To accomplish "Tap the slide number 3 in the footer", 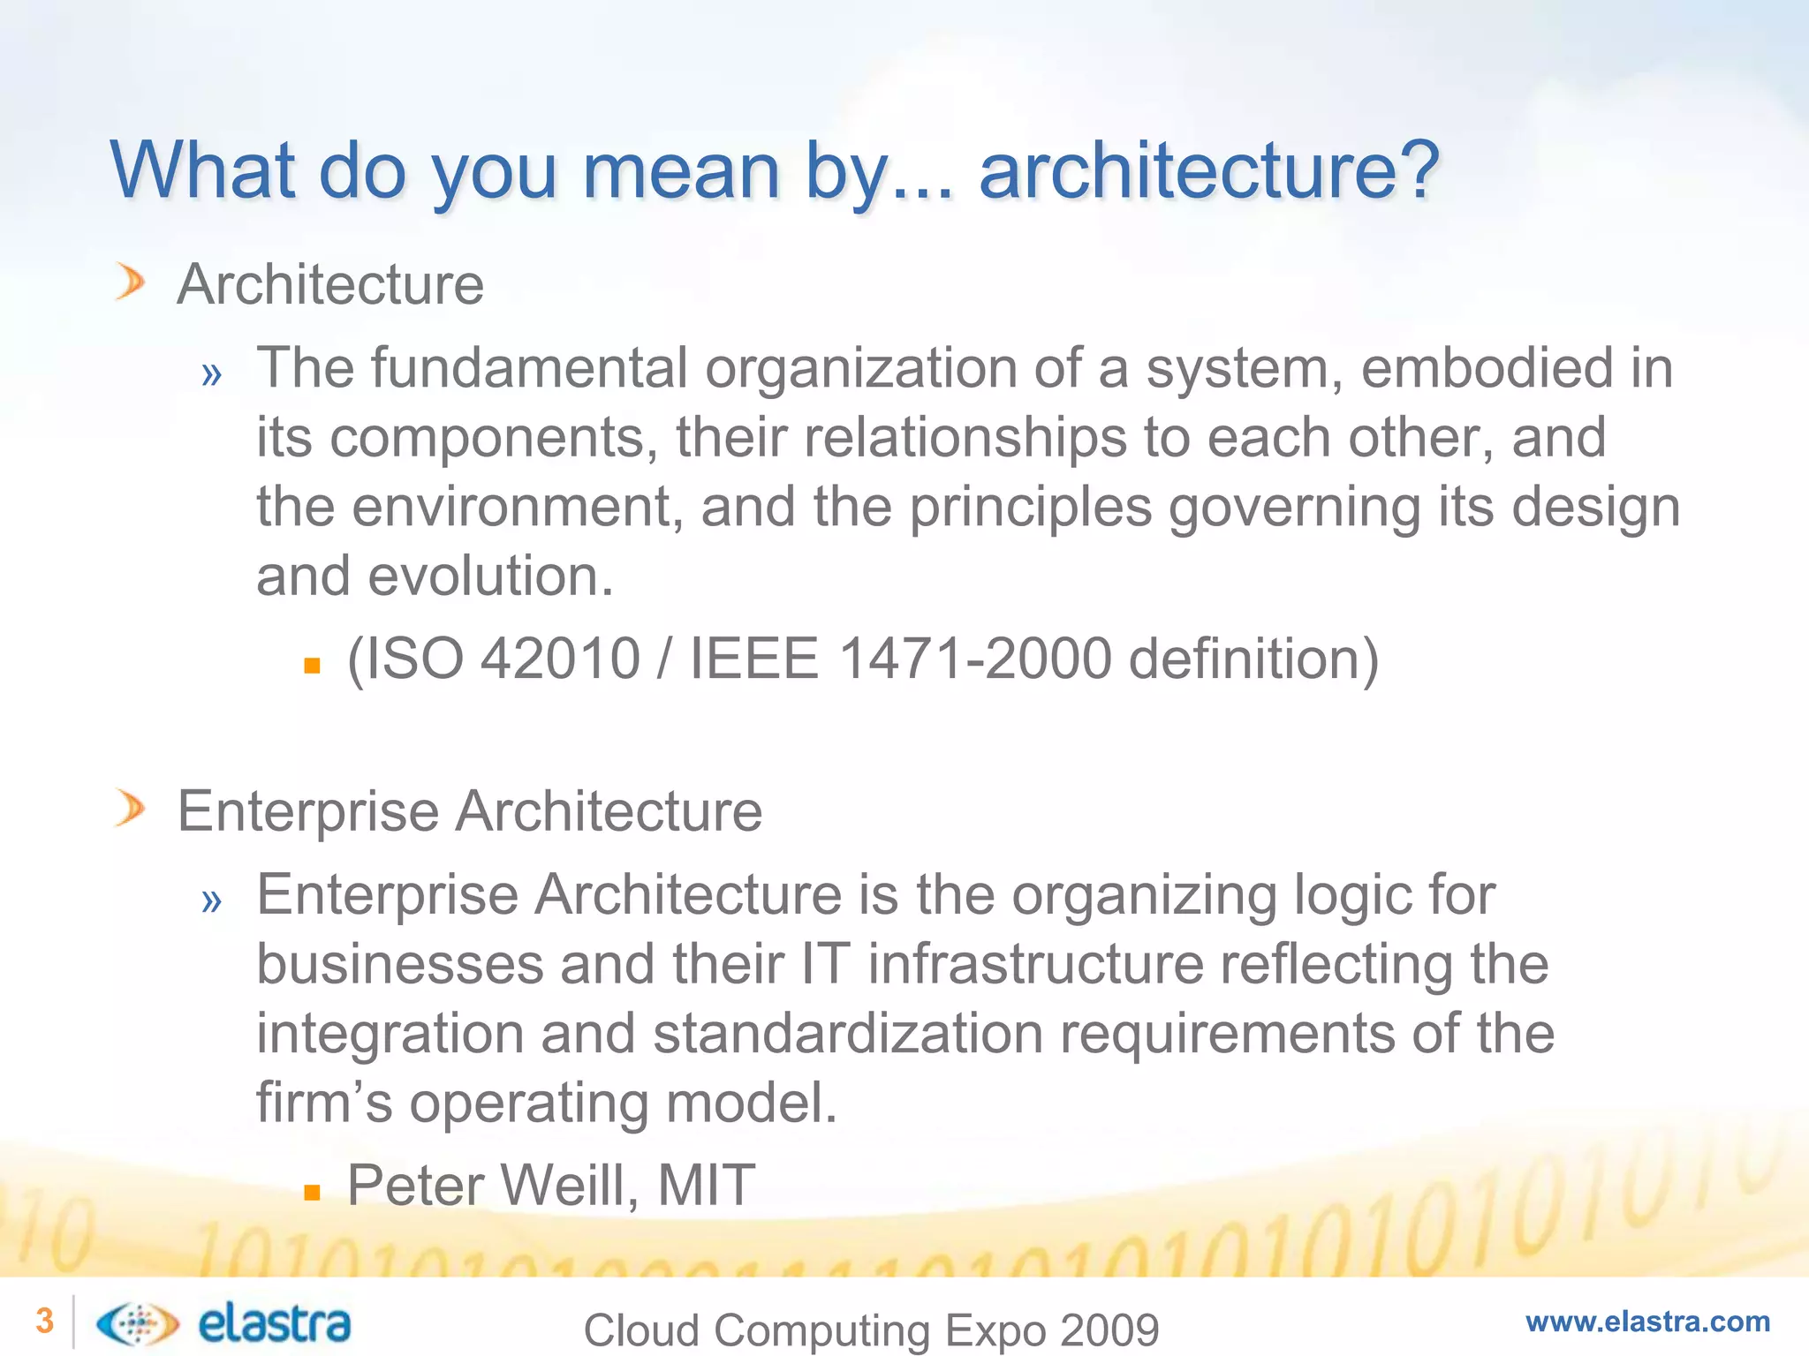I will click(x=44, y=1322).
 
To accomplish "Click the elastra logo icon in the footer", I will click(x=137, y=1323).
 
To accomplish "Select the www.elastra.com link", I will click(x=1647, y=1322).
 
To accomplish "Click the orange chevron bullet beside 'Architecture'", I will click(x=130, y=283).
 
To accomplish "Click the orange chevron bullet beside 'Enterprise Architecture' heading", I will click(x=130, y=810).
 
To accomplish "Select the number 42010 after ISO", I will click(x=560, y=659).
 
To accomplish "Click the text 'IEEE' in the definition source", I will click(x=753, y=659).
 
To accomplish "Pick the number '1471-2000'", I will click(x=974, y=659).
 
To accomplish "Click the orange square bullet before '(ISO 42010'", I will click(x=311, y=666).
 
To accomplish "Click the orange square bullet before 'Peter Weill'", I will click(x=311, y=1193).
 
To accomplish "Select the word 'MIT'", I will click(x=707, y=1185).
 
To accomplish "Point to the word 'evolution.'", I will click(x=490, y=576).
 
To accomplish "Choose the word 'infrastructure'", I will click(x=1036, y=963).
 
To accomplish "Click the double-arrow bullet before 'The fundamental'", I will click(x=211, y=374).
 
